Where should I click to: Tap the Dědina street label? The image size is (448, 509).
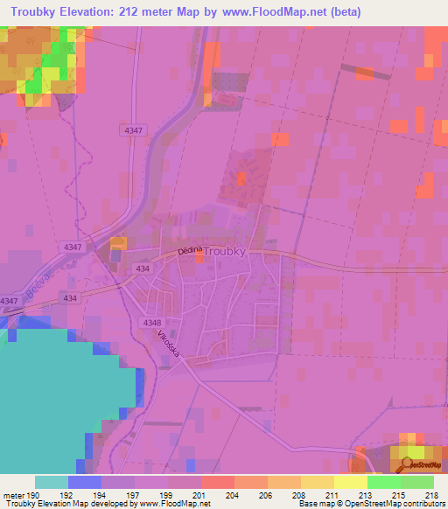tap(190, 251)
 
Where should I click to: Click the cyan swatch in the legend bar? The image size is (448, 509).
tap(52, 482)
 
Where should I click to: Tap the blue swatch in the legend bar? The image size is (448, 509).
tap(85, 482)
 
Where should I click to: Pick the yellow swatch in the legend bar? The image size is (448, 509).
tap(350, 482)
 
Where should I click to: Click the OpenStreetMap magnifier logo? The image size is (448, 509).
tap(409, 464)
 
